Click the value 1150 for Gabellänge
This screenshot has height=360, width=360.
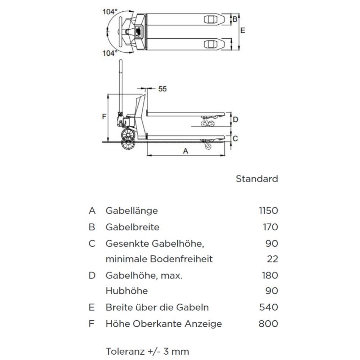pyautogui.click(x=268, y=211)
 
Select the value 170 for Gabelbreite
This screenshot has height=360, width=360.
pyautogui.click(x=271, y=227)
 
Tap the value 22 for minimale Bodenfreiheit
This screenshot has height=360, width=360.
pyautogui.click(x=272, y=259)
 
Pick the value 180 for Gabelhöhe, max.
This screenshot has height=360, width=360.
pyautogui.click(x=270, y=275)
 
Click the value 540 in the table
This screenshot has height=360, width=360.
pyautogui.click(x=269, y=307)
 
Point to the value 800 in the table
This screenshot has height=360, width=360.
pyautogui.click(x=268, y=324)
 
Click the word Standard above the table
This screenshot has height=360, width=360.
pyautogui.click(x=257, y=179)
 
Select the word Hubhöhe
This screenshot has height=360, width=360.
pyautogui.click(x=127, y=291)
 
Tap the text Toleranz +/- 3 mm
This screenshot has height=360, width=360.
pyautogui.click(x=147, y=351)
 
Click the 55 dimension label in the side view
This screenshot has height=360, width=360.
pyautogui.click(x=163, y=89)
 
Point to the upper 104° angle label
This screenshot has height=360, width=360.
pyautogui.click(x=110, y=12)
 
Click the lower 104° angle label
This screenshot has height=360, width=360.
pyautogui.click(x=110, y=53)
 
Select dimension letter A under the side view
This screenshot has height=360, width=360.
pyautogui.click(x=186, y=151)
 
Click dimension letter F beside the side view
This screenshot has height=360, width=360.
pyautogui.click(x=104, y=117)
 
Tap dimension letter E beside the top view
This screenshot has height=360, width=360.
pyautogui.click(x=243, y=30)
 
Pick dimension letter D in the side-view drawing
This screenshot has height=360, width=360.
pyautogui.click(x=236, y=119)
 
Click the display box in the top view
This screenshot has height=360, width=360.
pyautogui.click(x=138, y=31)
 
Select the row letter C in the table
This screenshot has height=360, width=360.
pyautogui.click(x=92, y=244)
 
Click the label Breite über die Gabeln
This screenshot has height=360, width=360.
pyautogui.click(x=157, y=307)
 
